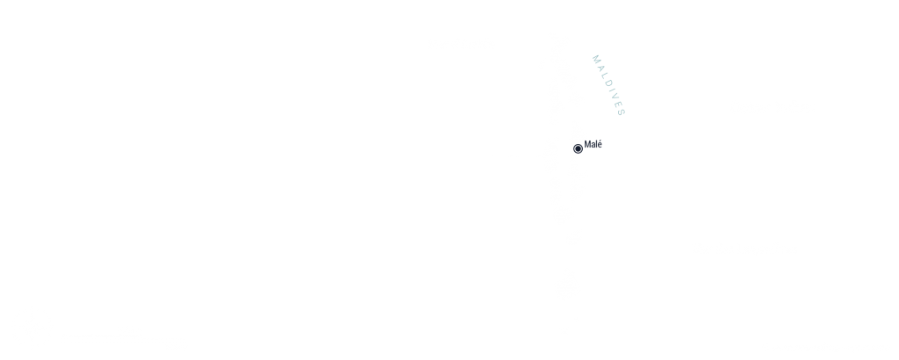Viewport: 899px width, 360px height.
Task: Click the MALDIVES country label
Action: [x=608, y=85]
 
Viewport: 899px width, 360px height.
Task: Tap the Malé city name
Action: [x=593, y=145]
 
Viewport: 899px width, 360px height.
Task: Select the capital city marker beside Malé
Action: [x=578, y=149]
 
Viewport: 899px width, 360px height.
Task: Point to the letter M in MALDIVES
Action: [x=596, y=59]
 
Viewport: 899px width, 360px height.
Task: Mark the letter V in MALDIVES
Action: [x=614, y=96]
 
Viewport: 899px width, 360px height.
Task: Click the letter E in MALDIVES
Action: [x=617, y=104]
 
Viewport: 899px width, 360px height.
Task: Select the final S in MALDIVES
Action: [x=621, y=112]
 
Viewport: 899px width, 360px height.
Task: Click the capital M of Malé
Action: [x=587, y=145]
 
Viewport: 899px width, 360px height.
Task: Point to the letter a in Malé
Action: [x=593, y=146]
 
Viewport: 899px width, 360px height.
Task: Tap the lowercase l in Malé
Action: [x=597, y=145]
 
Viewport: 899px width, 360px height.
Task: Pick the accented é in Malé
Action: [x=600, y=145]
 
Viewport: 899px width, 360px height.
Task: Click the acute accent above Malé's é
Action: [x=601, y=141]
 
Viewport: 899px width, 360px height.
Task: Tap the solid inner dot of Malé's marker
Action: [x=578, y=149]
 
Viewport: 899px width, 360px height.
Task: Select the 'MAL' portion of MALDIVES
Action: [x=600, y=67]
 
